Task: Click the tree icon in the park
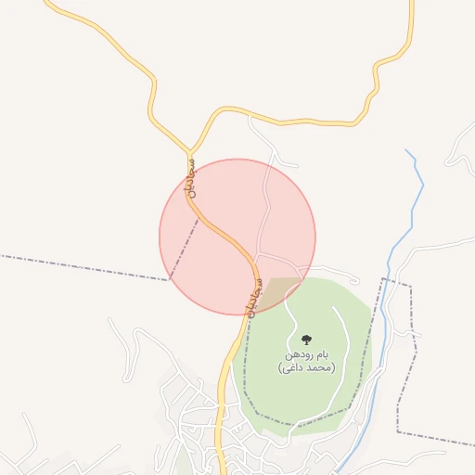click(307, 340)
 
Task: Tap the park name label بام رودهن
click(307, 354)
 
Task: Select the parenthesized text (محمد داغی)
click(306, 368)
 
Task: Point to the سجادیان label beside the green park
click(253, 296)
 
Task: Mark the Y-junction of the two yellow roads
click(189, 149)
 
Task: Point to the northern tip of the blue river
click(407, 150)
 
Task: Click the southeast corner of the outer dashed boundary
click(398, 432)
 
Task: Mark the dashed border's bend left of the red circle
click(170, 279)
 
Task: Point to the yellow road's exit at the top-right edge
click(411, 3)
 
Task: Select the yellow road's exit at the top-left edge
click(46, 3)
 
